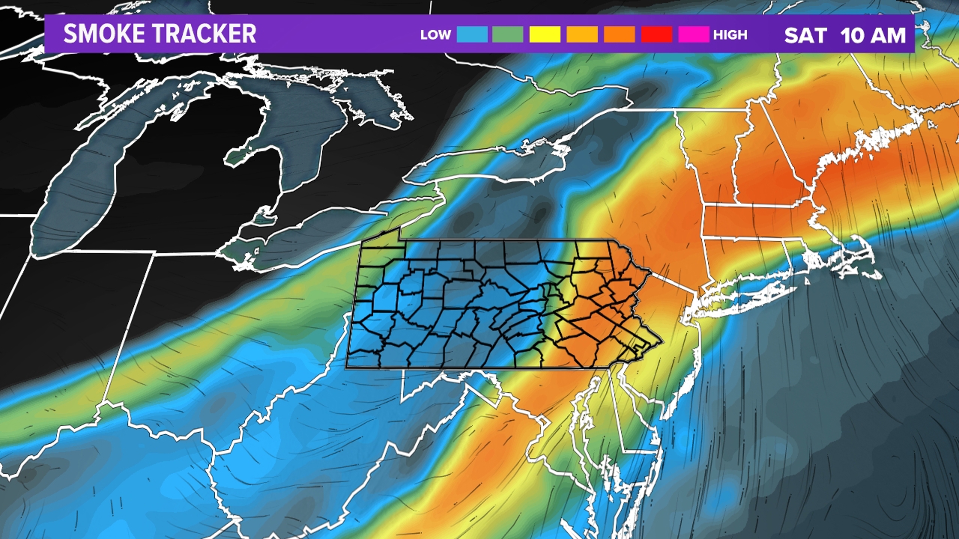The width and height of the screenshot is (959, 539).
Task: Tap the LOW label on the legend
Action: [436, 35]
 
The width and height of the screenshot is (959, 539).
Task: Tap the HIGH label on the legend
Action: [730, 35]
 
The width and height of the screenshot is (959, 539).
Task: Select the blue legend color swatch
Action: [472, 34]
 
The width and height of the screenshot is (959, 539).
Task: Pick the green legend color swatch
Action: [507, 34]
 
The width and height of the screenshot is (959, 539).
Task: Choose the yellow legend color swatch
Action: [545, 34]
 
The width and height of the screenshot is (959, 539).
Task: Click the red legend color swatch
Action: [656, 34]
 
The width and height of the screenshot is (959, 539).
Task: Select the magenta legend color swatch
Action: [694, 34]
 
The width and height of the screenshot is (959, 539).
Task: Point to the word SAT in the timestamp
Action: [806, 35]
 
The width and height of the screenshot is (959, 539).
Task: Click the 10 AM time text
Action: [873, 35]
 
